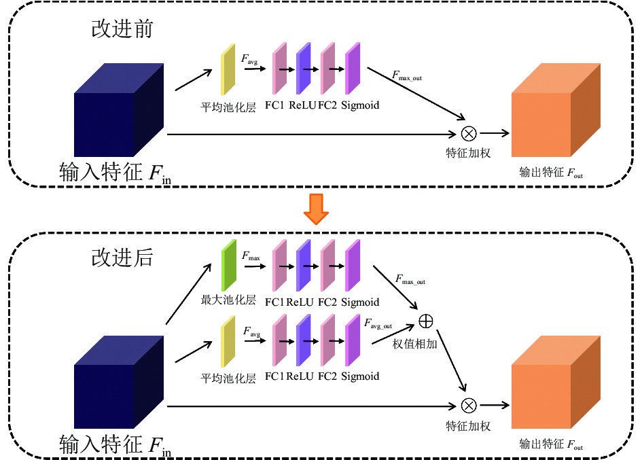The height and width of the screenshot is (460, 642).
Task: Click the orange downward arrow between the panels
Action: tap(316, 209)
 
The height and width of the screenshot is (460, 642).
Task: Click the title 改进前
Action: tap(122, 29)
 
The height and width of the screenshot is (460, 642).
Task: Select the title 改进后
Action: tap(122, 258)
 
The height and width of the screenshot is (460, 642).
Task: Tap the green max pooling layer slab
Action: tap(229, 265)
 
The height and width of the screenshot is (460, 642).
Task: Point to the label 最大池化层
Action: tap(228, 300)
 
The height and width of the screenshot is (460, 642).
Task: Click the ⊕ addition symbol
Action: tap(426, 321)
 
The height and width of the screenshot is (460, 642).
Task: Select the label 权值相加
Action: tap(415, 344)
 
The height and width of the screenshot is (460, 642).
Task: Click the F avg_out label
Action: tap(378, 323)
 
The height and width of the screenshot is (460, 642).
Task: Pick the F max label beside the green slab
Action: tap(251, 256)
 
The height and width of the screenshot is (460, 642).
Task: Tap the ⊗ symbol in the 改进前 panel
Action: tap(469, 134)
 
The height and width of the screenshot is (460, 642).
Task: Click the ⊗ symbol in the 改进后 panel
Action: tap(469, 406)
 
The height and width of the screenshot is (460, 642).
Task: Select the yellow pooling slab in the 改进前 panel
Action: tap(228, 69)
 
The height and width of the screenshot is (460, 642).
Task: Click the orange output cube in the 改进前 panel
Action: tap(556, 110)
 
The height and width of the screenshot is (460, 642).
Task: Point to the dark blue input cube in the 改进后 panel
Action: tap(119, 382)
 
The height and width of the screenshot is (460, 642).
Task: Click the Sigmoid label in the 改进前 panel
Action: tap(360, 105)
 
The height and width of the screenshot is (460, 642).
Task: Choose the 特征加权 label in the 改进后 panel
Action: tap(468, 426)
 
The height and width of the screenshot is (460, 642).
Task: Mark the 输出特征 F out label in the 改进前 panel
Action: tap(551, 172)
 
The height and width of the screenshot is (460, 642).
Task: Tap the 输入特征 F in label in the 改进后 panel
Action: tap(115, 445)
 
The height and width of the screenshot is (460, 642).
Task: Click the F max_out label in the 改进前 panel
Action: tap(407, 76)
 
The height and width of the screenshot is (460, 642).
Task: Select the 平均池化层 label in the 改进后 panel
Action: tap(228, 378)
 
